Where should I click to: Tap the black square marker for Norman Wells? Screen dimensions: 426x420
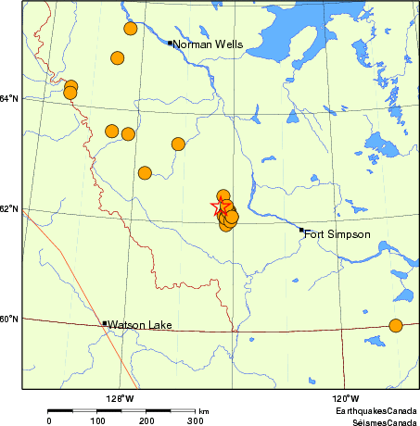click(x=170, y=42)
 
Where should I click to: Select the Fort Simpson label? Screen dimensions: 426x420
click(x=337, y=234)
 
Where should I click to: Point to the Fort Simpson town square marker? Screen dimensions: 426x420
click(x=302, y=230)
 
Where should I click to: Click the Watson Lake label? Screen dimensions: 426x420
click(x=140, y=325)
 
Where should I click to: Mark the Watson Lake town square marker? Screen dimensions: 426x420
click(x=104, y=324)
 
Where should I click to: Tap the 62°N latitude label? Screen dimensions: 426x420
click(x=9, y=209)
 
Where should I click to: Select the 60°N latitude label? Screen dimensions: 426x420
click(x=9, y=319)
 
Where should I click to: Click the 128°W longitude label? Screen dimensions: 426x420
click(x=120, y=398)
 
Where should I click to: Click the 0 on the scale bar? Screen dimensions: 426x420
click(x=48, y=420)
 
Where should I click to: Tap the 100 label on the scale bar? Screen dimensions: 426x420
click(x=97, y=420)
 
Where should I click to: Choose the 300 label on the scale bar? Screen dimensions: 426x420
click(x=196, y=420)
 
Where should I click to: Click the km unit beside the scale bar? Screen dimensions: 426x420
click(x=204, y=410)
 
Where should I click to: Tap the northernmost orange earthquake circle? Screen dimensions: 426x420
click(x=131, y=29)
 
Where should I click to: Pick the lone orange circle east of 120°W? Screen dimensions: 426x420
click(x=396, y=325)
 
